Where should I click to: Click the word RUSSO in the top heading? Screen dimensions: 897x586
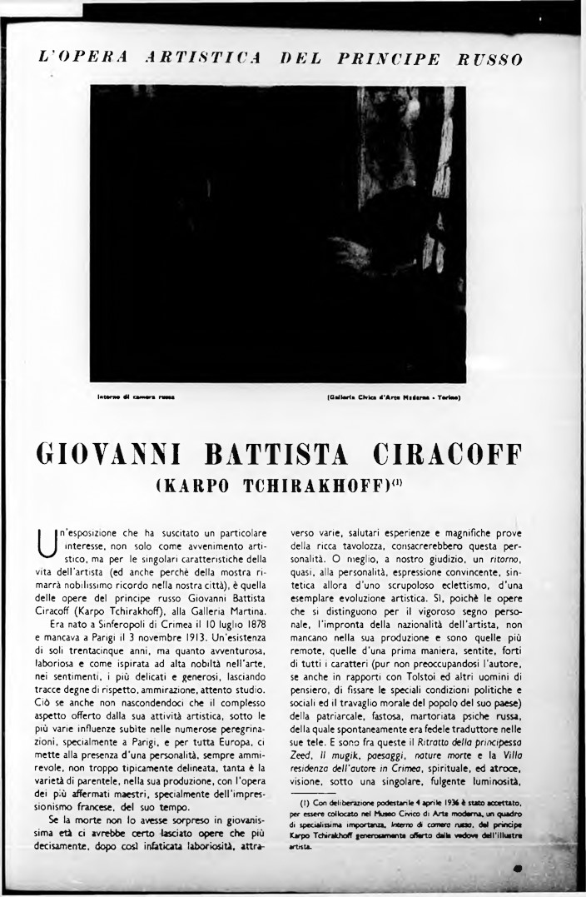489,59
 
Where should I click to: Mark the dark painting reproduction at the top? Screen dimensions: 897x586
277,234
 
